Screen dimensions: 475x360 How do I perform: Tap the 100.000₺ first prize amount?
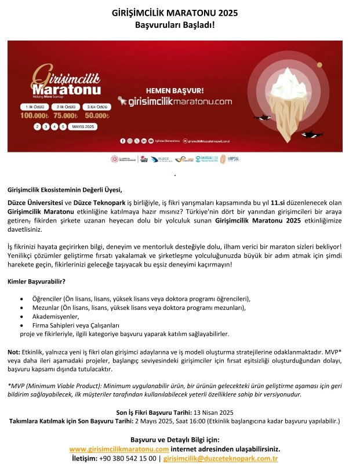(x=33, y=116)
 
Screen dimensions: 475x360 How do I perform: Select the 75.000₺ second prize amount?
(x=66, y=116)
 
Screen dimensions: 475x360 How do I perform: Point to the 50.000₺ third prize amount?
(x=97, y=116)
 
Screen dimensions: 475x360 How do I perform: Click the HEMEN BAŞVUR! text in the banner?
(x=174, y=90)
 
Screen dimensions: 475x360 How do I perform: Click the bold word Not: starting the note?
(x=14, y=352)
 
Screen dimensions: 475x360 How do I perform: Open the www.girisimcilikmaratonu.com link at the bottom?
(x=119, y=449)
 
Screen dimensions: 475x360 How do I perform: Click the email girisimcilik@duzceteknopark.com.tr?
(x=221, y=458)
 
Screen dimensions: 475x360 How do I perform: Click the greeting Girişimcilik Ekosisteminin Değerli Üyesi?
(x=66, y=189)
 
